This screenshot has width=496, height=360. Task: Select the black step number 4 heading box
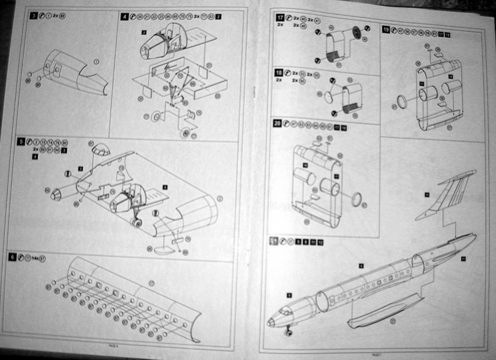[x=125, y=17]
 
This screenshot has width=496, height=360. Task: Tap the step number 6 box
[x=12, y=257]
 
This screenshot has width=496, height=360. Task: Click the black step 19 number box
[x=386, y=30]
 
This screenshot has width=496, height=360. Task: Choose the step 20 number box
[x=277, y=124]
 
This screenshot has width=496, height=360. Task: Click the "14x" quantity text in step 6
[x=35, y=258]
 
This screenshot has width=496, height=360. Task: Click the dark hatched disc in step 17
[x=356, y=32]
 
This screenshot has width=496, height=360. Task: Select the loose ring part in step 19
[x=402, y=102]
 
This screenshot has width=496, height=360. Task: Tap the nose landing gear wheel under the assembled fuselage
[x=289, y=333]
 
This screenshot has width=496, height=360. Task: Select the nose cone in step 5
[x=56, y=194]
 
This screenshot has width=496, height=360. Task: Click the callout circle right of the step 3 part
[x=96, y=62]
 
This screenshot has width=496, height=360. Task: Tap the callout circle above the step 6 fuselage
[x=152, y=283]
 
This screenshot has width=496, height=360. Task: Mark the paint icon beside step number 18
[x=288, y=73]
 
